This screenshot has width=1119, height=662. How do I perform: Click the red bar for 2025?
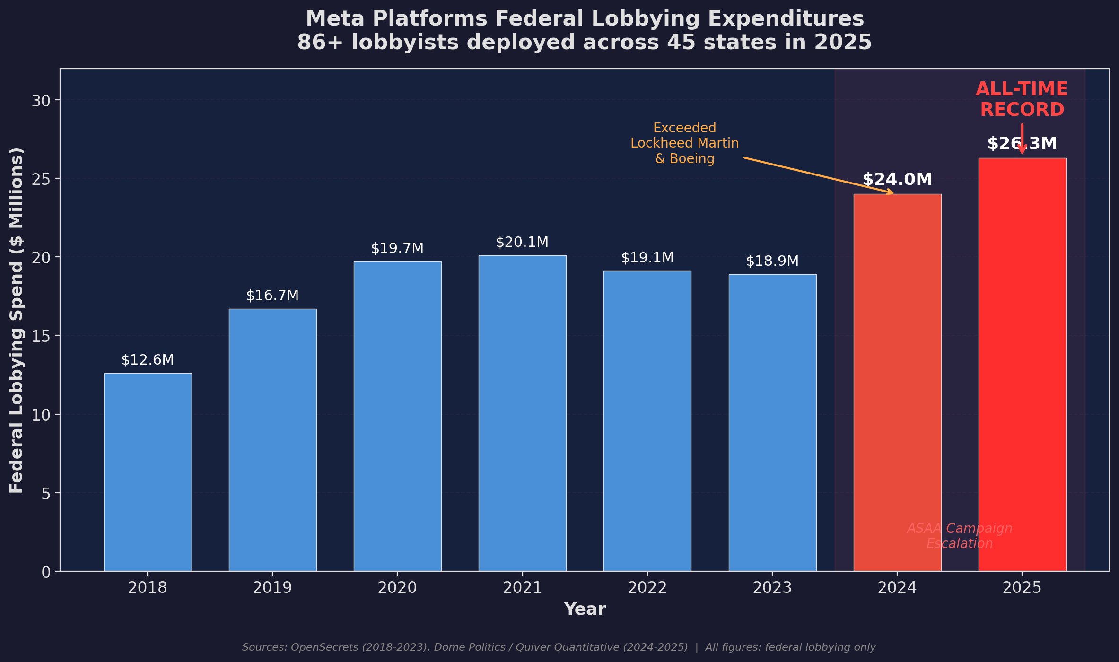click(1022, 364)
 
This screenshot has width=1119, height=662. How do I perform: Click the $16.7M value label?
click(272, 296)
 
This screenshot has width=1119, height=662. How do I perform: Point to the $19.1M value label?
click(647, 258)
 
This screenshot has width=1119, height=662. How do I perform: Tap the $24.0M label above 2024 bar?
click(897, 180)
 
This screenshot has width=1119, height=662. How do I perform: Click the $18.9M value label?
click(772, 261)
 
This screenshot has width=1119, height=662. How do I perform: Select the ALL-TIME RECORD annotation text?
click(1022, 99)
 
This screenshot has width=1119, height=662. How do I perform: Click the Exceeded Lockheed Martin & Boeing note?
click(684, 143)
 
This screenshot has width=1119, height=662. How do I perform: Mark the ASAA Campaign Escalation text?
click(959, 536)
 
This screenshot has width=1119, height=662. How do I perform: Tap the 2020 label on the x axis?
click(397, 588)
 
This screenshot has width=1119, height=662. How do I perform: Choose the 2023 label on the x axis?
click(772, 588)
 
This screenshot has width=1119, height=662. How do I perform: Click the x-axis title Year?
click(585, 609)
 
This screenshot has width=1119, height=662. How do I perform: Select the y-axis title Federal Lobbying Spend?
click(17, 320)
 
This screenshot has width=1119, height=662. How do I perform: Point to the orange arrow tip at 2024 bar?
click(892, 193)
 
